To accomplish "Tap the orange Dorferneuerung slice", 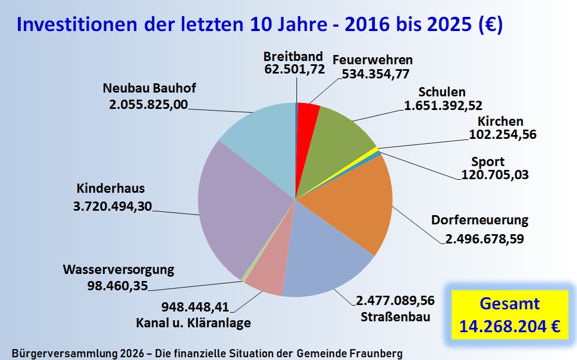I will (354, 202).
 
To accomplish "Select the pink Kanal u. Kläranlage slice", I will (267, 272).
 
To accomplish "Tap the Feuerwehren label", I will (373, 60).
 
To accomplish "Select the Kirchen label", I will (500, 121).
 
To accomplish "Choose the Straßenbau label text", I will (394, 316).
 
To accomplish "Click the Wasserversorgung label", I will (118, 270).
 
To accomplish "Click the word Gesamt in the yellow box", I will (509, 303).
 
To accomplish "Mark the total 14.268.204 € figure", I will (509, 326).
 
